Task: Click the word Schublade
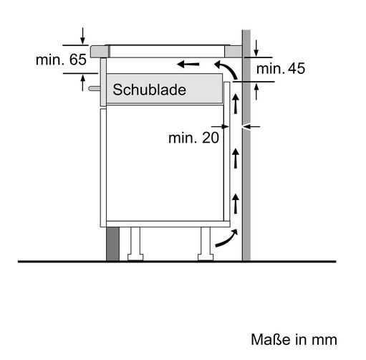pos(149,90)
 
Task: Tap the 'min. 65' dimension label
pos(61,60)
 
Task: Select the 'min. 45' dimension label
pos(281,69)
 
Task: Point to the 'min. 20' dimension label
pos(193,138)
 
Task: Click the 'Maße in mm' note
pos(294,339)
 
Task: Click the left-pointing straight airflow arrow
pos(188,64)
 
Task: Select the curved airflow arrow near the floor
pos(227,239)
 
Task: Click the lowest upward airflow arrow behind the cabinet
pos(236,204)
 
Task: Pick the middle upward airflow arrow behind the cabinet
pos(236,158)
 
